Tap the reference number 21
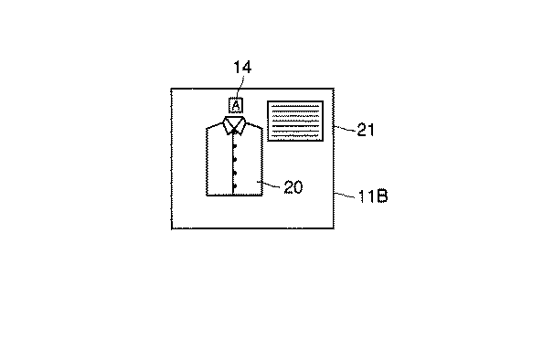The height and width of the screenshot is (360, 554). [366, 130]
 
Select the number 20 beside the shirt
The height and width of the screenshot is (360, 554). [293, 187]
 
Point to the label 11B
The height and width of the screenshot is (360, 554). [369, 196]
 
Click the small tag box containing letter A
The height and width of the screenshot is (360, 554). [236, 105]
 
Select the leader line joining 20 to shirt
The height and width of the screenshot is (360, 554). [271, 185]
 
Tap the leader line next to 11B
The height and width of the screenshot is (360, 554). [346, 195]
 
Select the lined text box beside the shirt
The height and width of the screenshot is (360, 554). [295, 121]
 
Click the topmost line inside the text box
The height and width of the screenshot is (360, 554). [295, 106]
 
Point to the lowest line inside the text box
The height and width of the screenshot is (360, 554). [295, 137]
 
